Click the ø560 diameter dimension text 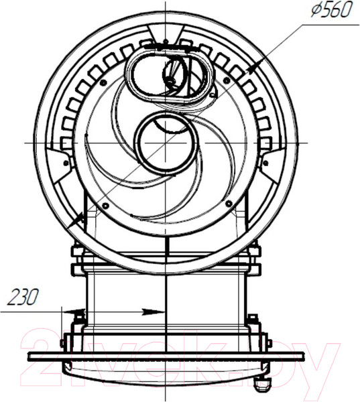[329, 11]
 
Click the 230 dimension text [22, 296]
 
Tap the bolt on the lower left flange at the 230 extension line [79, 315]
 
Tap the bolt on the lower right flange [253, 319]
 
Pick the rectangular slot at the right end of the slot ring [265, 143]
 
